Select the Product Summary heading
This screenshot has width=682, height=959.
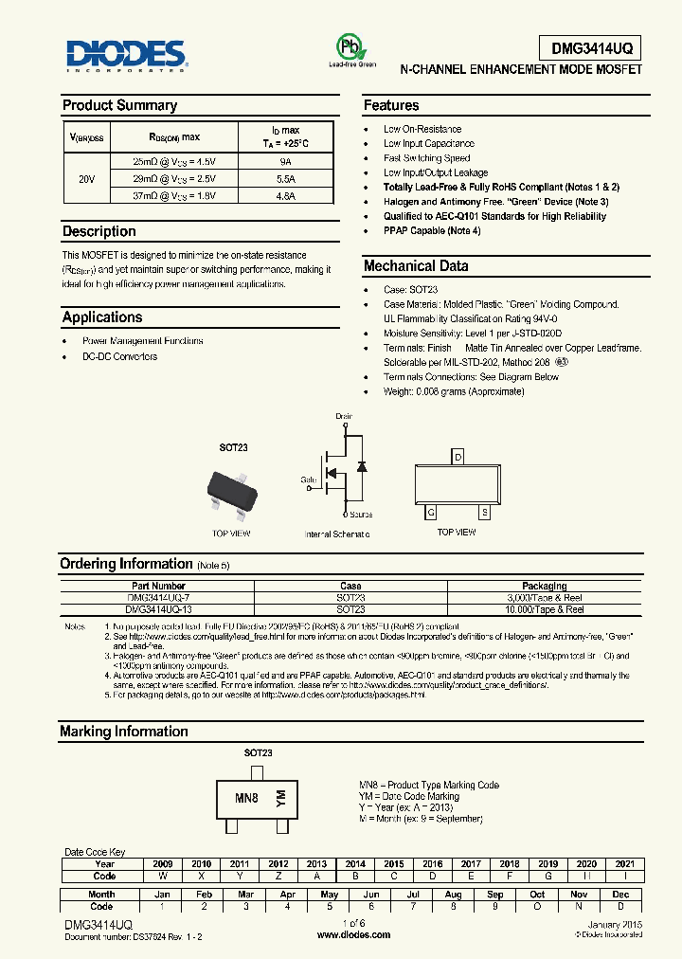119,105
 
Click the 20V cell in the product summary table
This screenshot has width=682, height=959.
85,178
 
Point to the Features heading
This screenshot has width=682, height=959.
391,105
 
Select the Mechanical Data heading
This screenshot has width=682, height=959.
416,266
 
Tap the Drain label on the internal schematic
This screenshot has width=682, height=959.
344,417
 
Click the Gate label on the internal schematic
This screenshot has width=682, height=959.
309,480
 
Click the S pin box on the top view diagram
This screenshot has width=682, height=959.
484,513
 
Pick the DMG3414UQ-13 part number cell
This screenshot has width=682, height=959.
156,609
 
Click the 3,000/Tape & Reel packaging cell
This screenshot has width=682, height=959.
544,598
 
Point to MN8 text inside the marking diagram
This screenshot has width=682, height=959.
246,798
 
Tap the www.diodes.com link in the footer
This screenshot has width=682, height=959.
353,934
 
